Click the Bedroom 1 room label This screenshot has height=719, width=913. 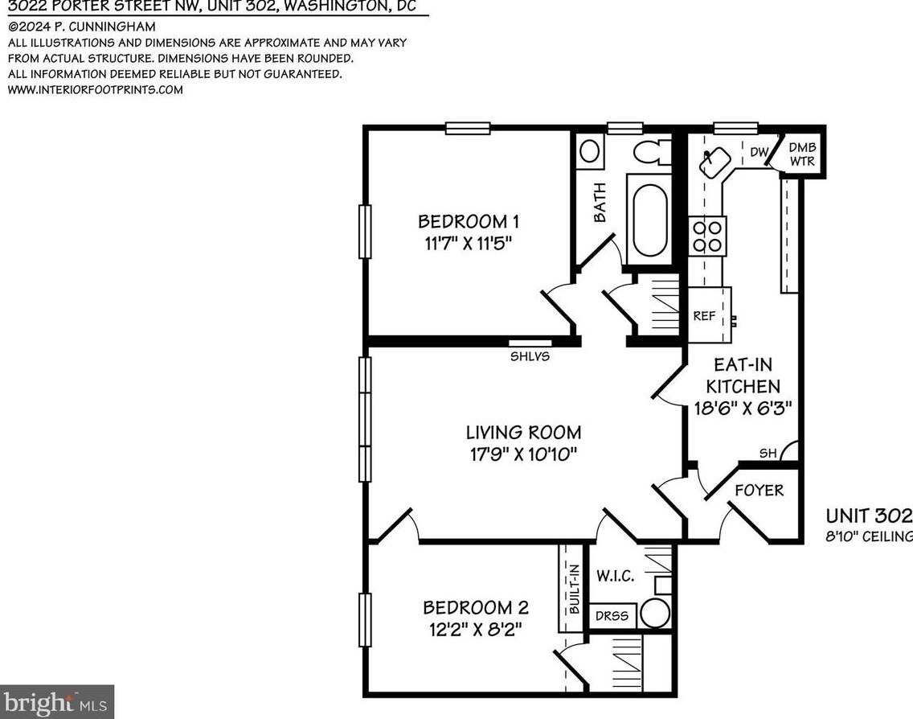[463, 221]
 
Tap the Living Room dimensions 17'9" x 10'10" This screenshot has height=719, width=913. [525, 454]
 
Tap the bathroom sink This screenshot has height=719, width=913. [590, 151]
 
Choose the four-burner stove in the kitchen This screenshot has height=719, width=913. [707, 235]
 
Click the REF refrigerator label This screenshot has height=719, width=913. [704, 316]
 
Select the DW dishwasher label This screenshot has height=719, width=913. [759, 151]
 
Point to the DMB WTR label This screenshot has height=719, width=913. [801, 154]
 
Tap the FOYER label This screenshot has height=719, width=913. [759, 490]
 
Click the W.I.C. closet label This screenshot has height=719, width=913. [616, 576]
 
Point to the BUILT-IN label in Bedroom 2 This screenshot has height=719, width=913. [574, 590]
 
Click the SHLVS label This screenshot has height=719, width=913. [530, 355]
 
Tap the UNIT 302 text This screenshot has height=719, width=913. [869, 516]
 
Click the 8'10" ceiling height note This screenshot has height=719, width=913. [869, 536]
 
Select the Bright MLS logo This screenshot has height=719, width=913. [56, 702]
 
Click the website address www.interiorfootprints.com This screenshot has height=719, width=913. [95, 89]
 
